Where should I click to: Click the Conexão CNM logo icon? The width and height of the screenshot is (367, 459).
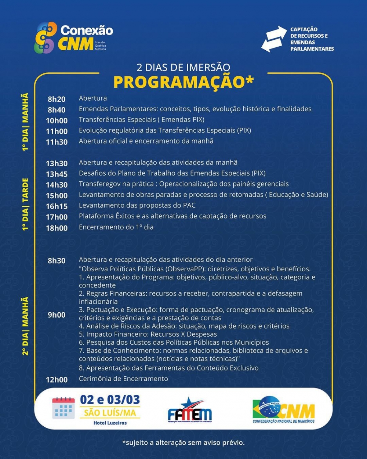coord(46,37)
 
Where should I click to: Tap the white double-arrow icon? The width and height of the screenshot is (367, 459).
coord(274,39)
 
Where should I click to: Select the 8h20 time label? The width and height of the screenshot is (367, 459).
coord(57,99)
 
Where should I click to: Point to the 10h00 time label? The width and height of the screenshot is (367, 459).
coord(57,120)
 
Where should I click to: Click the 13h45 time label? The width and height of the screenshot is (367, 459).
coord(57,174)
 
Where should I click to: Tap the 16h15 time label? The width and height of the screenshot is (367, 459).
coord(57,206)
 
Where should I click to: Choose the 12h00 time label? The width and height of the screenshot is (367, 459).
coord(57,380)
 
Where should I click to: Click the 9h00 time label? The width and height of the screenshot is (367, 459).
coord(57,315)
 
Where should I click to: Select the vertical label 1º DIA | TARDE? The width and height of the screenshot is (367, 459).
coord(25,204)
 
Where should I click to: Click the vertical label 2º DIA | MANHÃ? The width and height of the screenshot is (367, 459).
coord(25,326)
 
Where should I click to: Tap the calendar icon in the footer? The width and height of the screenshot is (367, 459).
coord(63,408)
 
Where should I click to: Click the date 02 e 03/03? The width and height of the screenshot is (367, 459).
coord(110,400)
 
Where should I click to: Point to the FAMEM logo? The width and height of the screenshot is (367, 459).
coord(190,411)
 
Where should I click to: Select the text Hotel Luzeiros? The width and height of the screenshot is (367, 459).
coord(110,423)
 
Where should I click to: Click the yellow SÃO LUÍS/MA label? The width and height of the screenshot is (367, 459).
coord(110,413)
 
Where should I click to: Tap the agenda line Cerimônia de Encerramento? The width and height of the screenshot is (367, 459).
coord(123,379)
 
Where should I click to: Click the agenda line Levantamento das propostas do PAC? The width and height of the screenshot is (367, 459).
coord(137,205)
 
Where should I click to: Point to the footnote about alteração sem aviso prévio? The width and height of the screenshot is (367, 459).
coord(183,442)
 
